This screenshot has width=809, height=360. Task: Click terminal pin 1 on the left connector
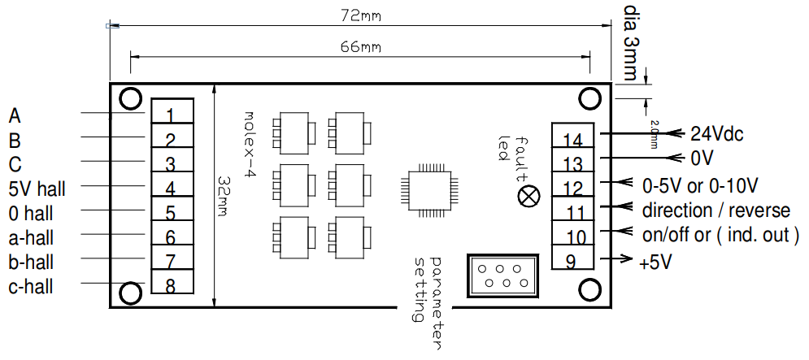[x=171, y=112]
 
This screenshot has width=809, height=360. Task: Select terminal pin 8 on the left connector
[x=171, y=285]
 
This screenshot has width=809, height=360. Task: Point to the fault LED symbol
[x=529, y=196]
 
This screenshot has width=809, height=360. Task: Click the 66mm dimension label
[x=361, y=46]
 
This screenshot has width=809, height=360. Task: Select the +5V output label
[x=657, y=262]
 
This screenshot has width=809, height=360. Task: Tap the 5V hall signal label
[x=37, y=189]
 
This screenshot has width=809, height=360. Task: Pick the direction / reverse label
[x=715, y=210]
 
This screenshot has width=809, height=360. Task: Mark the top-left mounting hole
[x=129, y=99]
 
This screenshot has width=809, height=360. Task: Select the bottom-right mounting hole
[x=589, y=291]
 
